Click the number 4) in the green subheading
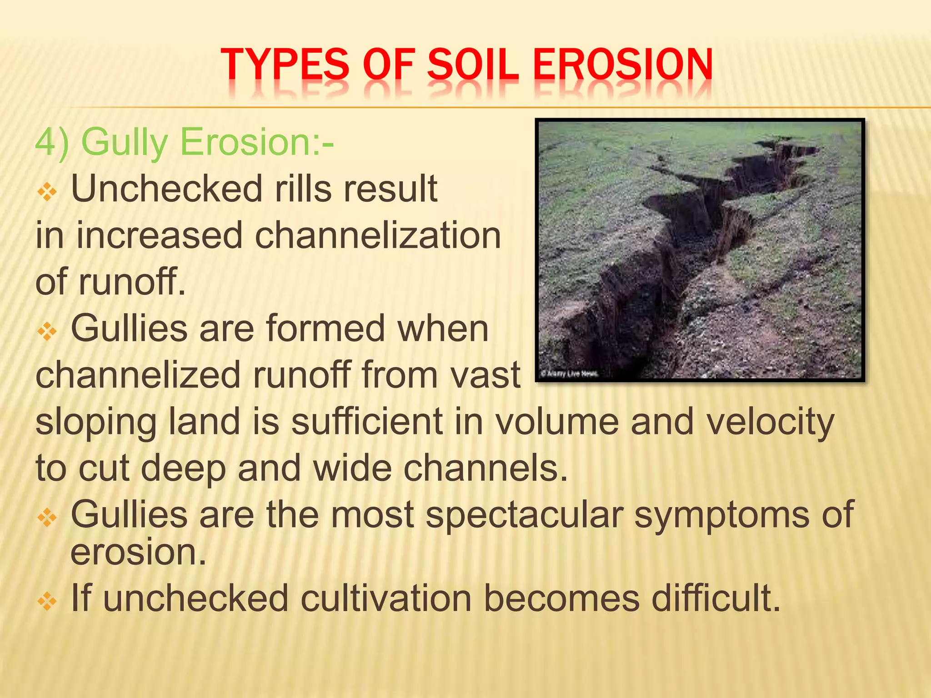coord(52,142)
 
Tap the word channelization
coord(377,235)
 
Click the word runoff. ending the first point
coord(132,282)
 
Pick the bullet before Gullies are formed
coord(47,332)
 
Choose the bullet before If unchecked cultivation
coord(47,602)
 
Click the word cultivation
coord(386,598)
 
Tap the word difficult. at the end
coord(716,598)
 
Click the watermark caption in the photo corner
coord(569,374)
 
